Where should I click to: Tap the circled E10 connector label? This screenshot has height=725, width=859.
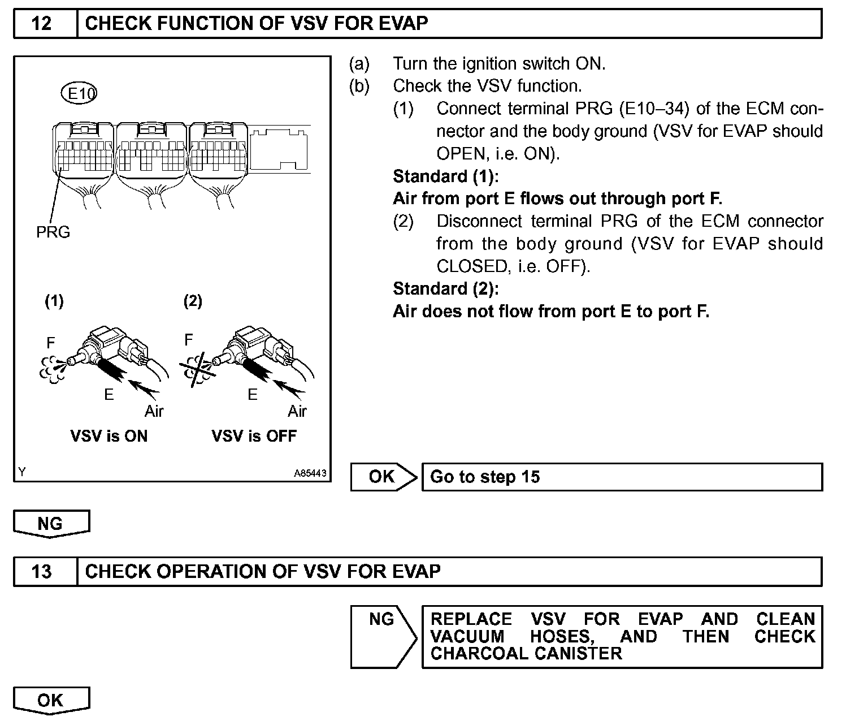click(79, 93)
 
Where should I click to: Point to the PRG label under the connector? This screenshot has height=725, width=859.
click(53, 232)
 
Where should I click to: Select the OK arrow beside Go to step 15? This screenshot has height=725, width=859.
click(383, 477)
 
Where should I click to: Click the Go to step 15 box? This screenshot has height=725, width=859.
click(622, 477)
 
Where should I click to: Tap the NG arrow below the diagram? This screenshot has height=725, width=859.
click(51, 523)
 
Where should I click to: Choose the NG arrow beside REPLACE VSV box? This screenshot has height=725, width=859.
click(383, 620)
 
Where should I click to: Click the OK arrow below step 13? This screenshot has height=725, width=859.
click(51, 700)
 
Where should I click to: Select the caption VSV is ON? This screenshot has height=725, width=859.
click(109, 436)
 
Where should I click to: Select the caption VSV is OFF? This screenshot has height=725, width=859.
click(254, 436)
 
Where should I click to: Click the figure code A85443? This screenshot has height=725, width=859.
click(310, 474)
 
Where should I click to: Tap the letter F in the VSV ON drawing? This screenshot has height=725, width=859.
click(51, 343)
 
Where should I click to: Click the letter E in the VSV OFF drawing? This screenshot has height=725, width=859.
click(253, 395)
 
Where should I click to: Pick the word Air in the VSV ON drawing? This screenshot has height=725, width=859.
click(154, 411)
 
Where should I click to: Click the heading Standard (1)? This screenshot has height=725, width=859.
click(446, 176)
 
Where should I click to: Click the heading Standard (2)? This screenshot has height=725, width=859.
click(446, 289)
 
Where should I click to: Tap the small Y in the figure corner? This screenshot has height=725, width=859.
click(21, 472)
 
